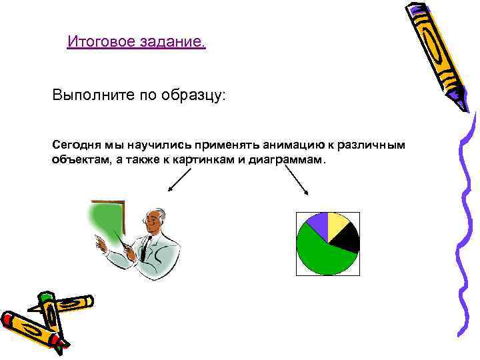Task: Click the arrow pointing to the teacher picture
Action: pos(178,180)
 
